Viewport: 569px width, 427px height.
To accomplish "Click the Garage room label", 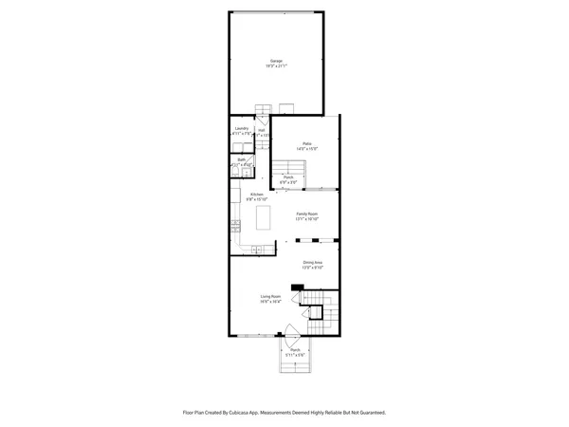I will click(x=276, y=61).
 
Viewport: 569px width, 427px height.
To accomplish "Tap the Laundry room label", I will click(x=241, y=128).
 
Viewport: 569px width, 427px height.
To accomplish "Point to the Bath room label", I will click(x=241, y=159).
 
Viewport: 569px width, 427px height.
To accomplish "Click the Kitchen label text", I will click(x=256, y=195).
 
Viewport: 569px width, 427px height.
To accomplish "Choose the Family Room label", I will click(x=306, y=213).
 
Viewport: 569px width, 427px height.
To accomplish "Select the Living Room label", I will click(x=271, y=296).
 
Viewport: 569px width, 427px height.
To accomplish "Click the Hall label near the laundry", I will click(x=261, y=130).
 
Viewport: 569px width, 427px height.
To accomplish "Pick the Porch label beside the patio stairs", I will click(x=287, y=176).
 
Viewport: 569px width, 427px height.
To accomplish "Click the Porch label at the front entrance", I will click(x=296, y=350).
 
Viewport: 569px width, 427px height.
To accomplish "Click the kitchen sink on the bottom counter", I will click(x=255, y=250).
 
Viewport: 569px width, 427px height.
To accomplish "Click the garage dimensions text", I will click(x=276, y=66).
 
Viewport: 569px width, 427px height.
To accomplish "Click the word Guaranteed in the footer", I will click(x=370, y=413).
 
